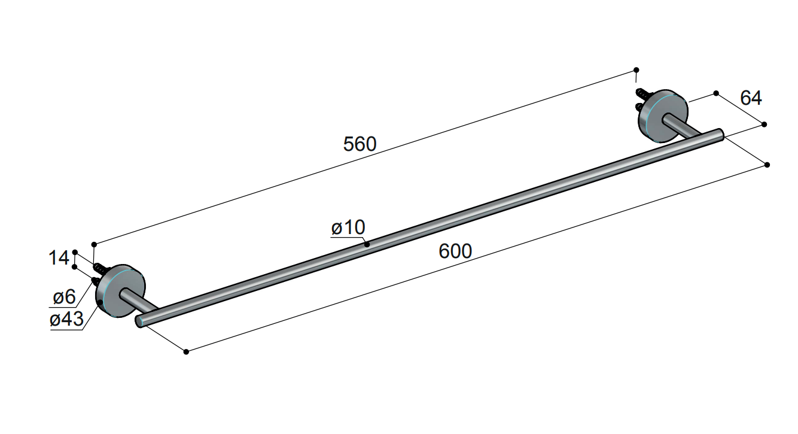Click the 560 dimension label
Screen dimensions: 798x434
click(x=360, y=144)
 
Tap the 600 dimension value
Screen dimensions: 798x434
click(x=455, y=251)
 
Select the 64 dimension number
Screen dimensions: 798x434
click(x=751, y=98)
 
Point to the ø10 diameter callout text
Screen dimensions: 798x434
click(x=348, y=227)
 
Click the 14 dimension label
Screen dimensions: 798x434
click(x=59, y=257)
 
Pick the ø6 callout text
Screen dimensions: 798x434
click(x=65, y=297)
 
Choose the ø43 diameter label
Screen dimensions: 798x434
click(x=67, y=318)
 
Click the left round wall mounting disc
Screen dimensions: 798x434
click(x=121, y=291)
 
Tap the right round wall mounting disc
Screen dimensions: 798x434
click(x=663, y=116)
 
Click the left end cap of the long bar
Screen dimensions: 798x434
click(x=139, y=321)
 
